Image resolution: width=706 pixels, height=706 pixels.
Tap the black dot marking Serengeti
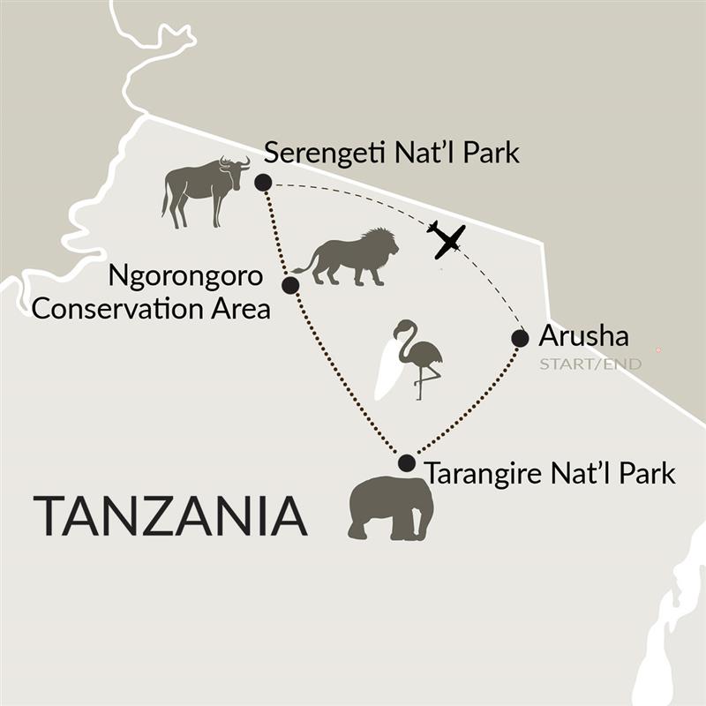[x=262, y=183]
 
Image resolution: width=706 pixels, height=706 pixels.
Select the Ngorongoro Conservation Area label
[x=187, y=291]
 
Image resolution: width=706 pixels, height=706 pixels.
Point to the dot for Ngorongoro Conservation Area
[x=289, y=285]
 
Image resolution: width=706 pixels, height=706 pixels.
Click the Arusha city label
[x=583, y=336]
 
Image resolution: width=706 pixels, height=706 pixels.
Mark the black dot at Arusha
[x=520, y=338]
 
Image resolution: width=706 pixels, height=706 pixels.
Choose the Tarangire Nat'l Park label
[x=550, y=473]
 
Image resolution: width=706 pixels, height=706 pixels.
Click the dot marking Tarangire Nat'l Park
[x=406, y=463]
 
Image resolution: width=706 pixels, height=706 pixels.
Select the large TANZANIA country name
[x=170, y=516]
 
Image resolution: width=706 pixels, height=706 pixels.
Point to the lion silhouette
[x=349, y=256]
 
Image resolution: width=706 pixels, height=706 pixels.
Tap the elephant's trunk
[x=426, y=522]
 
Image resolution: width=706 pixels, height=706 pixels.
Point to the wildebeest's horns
[x=236, y=161]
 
